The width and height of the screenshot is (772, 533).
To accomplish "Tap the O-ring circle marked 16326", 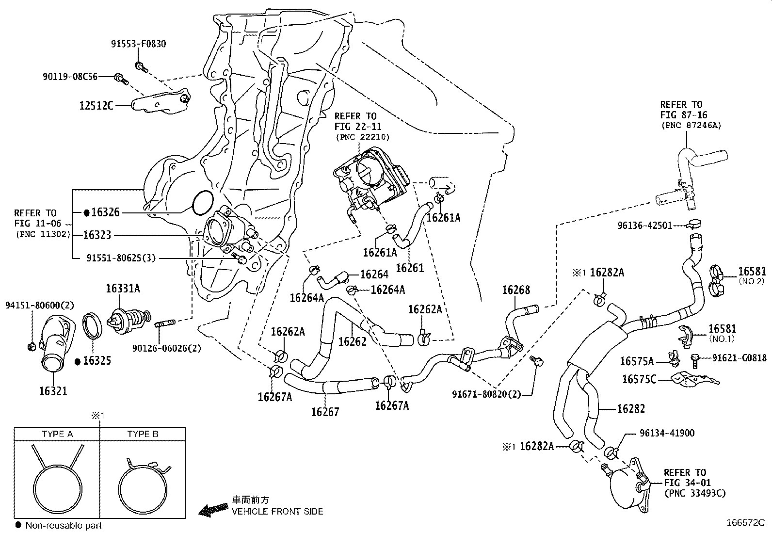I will [203, 202].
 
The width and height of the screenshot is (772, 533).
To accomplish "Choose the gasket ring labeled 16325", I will [92, 324].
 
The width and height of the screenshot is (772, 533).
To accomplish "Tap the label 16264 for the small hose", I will [374, 275].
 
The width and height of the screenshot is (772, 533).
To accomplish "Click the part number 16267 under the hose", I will [325, 412].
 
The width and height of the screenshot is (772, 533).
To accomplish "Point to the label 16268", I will [516, 290].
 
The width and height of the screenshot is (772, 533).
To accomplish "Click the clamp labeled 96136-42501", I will [694, 224].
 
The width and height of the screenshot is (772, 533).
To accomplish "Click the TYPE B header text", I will [143, 434].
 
